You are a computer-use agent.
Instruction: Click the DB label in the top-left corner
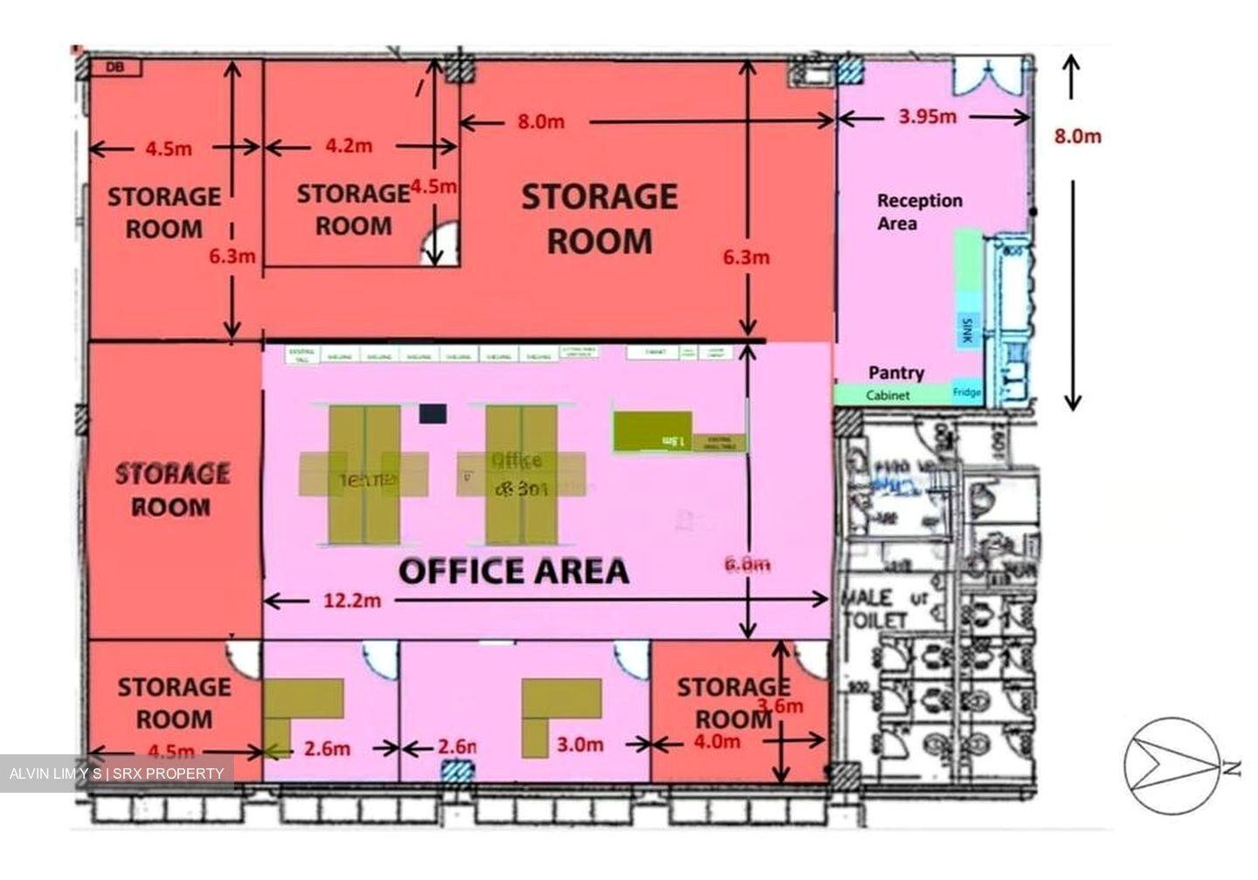pyautogui.click(x=114, y=66)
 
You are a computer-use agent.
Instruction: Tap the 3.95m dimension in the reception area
pyautogui.click(x=927, y=116)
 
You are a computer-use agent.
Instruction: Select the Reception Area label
pyautogui.click(x=919, y=211)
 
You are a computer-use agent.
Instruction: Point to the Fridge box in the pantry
pyautogui.click(x=966, y=393)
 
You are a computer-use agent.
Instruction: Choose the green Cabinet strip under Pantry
pyautogui.click(x=888, y=395)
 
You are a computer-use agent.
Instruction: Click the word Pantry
pyautogui.click(x=895, y=373)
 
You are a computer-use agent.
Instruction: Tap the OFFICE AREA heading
pyautogui.click(x=514, y=571)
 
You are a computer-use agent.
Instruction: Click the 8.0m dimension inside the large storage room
pyautogui.click(x=541, y=121)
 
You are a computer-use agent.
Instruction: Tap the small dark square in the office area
pyautogui.click(x=432, y=414)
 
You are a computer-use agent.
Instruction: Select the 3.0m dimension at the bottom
pyautogui.click(x=580, y=745)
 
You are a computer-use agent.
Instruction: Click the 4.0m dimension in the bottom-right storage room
pyautogui.click(x=716, y=742)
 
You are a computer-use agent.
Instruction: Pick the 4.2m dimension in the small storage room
pyautogui.click(x=349, y=146)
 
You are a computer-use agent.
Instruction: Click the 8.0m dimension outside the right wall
pyautogui.click(x=1077, y=136)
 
